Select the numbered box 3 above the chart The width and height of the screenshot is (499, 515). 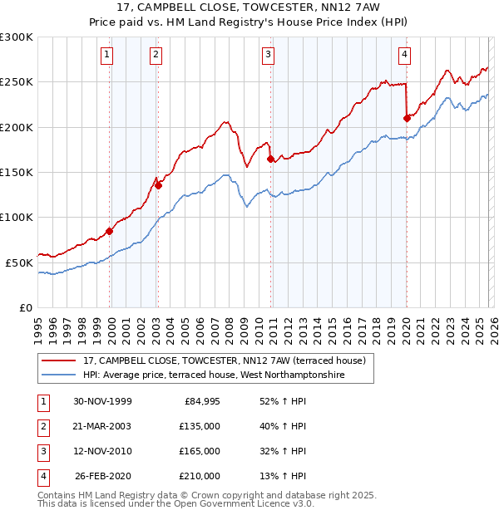point(269,56)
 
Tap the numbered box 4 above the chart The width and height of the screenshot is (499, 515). point(404,56)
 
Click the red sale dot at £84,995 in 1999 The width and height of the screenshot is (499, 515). point(110,231)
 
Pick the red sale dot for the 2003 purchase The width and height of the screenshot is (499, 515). point(158,185)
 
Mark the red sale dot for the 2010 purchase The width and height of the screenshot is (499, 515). point(270,159)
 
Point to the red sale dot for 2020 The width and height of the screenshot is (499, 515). point(407,118)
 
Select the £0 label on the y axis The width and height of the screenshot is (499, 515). point(27,307)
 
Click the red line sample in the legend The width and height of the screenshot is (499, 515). point(60,361)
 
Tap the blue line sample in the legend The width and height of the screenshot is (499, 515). point(60,375)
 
